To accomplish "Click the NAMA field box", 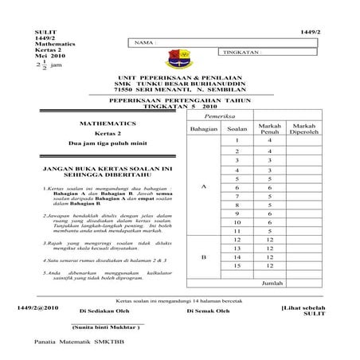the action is (171, 41).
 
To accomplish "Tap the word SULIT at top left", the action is (37, 29).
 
